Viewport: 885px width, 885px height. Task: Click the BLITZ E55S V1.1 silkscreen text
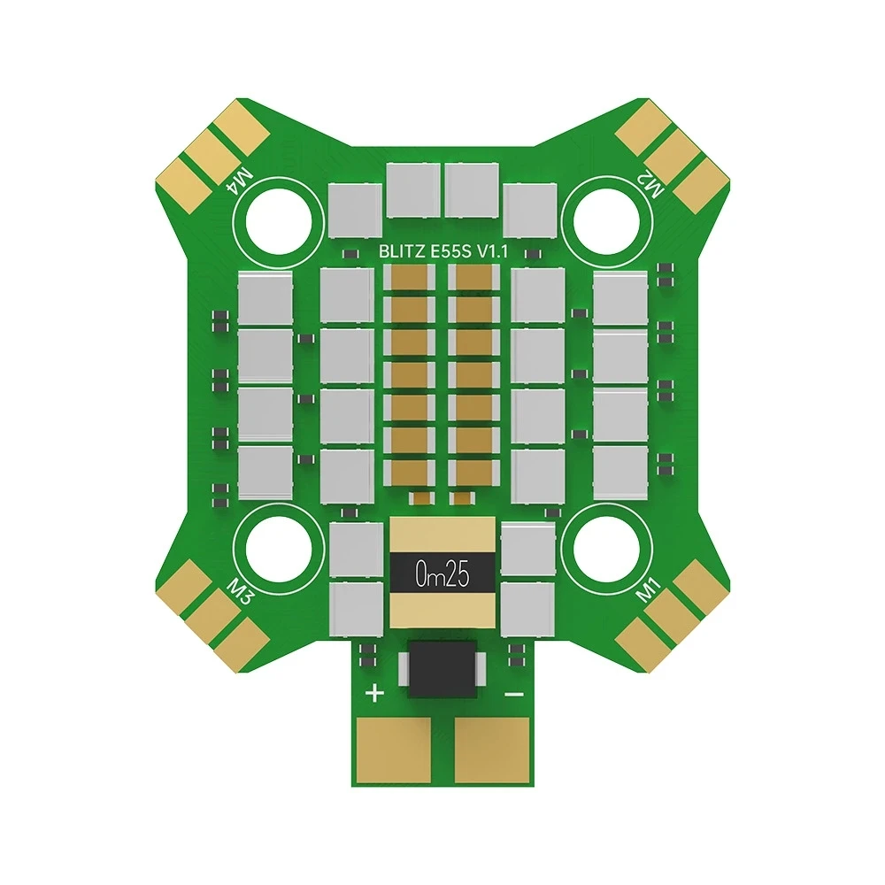point(443,251)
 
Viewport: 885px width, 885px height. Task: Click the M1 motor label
point(648,589)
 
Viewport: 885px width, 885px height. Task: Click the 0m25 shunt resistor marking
point(442,575)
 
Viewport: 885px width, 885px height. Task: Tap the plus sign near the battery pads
point(375,693)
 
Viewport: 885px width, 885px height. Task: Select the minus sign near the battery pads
point(514,694)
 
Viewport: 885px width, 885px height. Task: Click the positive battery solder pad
point(394,749)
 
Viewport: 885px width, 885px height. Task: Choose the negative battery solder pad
point(491,749)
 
